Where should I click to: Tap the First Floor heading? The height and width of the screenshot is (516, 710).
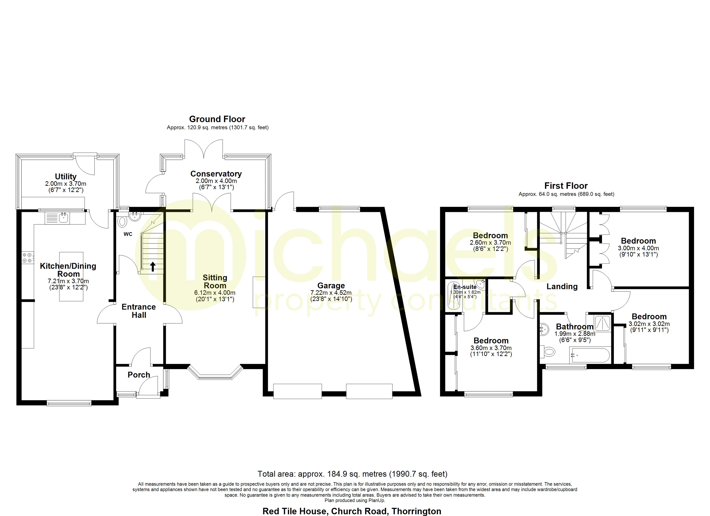566,186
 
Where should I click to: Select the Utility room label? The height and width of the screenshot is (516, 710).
66,177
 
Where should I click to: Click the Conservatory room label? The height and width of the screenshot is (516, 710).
216,174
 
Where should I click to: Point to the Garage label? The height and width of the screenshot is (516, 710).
331,286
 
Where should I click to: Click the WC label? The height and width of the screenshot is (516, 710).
128,234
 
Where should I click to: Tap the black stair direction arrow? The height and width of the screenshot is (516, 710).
153,267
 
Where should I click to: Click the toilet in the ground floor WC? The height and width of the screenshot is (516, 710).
122,221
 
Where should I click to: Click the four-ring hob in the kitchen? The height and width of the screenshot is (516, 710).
27,257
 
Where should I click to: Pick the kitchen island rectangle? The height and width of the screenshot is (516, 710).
71,277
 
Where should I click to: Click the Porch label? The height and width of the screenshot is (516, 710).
139,375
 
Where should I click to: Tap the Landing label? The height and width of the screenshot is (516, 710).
562,286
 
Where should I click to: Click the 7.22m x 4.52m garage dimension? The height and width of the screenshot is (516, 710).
331,293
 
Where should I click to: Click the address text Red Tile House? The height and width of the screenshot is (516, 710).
296,511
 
